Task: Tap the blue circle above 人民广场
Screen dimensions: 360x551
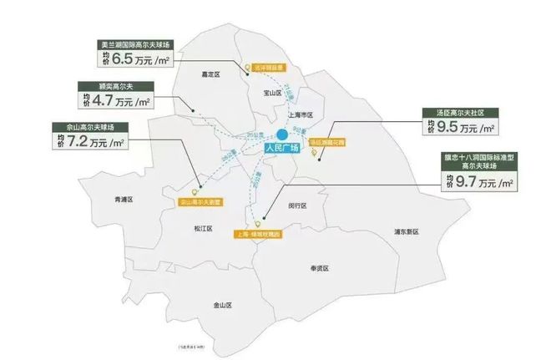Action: coord(282,134)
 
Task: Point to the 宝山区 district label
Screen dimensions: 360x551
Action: coord(273,94)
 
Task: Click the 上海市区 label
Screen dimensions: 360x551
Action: coord(299,114)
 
